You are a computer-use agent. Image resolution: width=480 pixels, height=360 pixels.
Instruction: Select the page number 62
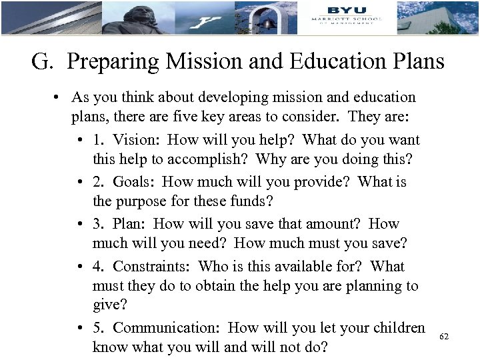(x=444, y=337)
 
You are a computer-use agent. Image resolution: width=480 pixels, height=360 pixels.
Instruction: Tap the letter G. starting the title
(x=43, y=62)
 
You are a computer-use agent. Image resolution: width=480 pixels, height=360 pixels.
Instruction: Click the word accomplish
(x=213, y=160)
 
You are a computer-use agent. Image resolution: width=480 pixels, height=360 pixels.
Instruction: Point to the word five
(x=201, y=117)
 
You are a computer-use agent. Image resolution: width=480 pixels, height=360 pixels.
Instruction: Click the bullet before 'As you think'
(x=59, y=98)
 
